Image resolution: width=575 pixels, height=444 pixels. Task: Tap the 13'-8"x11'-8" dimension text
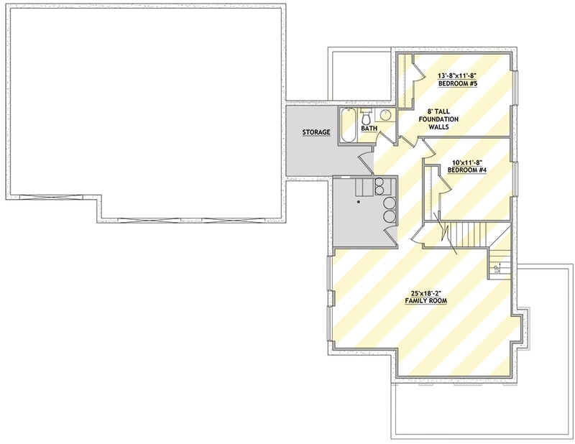pyautogui.click(x=458, y=75)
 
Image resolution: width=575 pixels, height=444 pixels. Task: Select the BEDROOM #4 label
pyautogui.click(x=467, y=170)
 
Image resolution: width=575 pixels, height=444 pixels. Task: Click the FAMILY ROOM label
pyautogui.click(x=425, y=301)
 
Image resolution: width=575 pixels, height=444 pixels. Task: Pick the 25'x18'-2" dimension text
pyautogui.click(x=425, y=292)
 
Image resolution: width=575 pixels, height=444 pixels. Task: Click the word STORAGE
pyautogui.click(x=316, y=132)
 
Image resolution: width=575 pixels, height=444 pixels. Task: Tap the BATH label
pyautogui.click(x=369, y=129)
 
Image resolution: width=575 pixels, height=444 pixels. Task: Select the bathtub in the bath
pyautogui.click(x=348, y=126)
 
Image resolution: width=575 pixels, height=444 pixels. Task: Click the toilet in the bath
pyautogui.click(x=367, y=117)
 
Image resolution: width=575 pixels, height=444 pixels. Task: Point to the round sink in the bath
pyautogui.click(x=385, y=116)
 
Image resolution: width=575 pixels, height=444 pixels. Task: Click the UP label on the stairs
pyautogui.click(x=497, y=269)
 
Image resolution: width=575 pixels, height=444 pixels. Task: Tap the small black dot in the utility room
pyautogui.click(x=360, y=203)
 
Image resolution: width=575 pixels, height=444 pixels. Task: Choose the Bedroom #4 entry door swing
pyautogui.click(x=429, y=149)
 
